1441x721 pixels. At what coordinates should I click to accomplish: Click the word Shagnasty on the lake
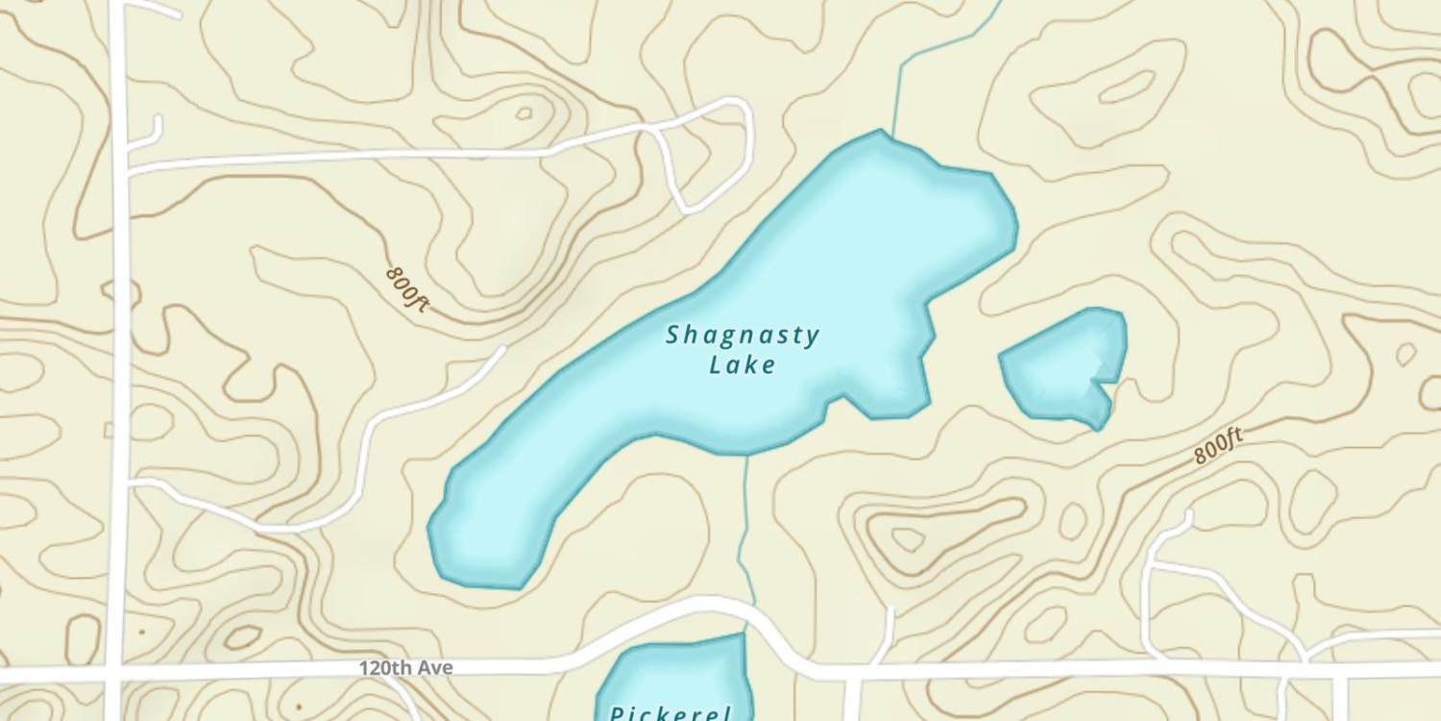(x=743, y=336)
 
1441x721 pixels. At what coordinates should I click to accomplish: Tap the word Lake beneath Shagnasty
(x=743, y=365)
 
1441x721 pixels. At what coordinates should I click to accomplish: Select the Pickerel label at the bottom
(x=671, y=712)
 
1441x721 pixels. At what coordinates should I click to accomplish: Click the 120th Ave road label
(x=405, y=667)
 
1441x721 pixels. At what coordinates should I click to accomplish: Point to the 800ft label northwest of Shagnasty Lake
(x=407, y=288)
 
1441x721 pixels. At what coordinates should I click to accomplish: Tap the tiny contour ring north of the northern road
(x=524, y=113)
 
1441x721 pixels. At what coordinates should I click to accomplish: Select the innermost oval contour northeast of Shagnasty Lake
(x=1126, y=87)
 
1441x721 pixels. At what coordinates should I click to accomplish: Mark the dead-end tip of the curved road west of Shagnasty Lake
(x=501, y=351)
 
